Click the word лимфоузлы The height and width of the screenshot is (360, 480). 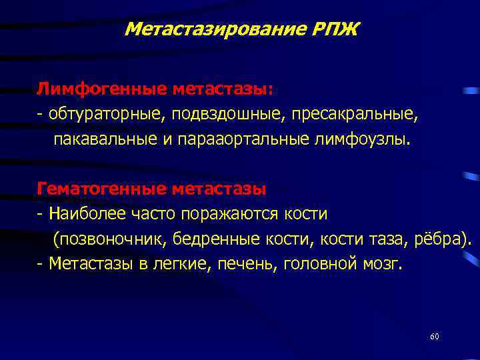click(x=365, y=141)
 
